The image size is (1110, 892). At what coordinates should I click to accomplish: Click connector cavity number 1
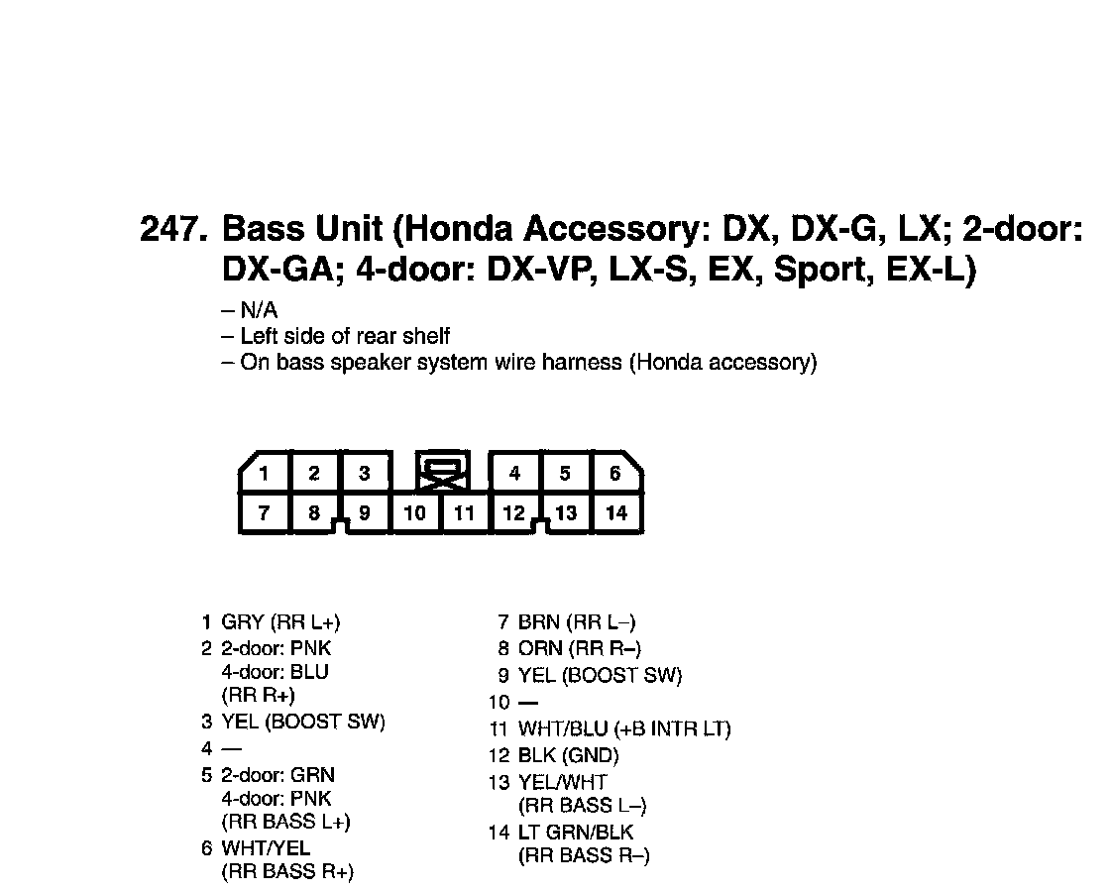pyautogui.click(x=265, y=473)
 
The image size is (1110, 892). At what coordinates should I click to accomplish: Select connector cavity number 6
pyautogui.click(x=615, y=473)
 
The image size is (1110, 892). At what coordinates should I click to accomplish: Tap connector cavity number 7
pyautogui.click(x=265, y=512)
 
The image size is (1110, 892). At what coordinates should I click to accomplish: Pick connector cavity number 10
pyautogui.click(x=415, y=512)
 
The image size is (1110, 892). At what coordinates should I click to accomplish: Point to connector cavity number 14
pyautogui.click(x=616, y=512)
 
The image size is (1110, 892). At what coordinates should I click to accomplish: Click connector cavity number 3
pyautogui.click(x=365, y=473)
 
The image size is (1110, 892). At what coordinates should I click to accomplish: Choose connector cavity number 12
pyautogui.click(x=513, y=512)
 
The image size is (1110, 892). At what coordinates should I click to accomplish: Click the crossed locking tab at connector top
pyautogui.click(x=443, y=474)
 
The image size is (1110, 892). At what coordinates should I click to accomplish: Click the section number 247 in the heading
pyautogui.click(x=173, y=229)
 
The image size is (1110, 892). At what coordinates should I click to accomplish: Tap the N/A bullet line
pyautogui.click(x=250, y=311)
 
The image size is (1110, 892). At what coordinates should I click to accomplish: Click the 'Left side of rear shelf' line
pyautogui.click(x=337, y=337)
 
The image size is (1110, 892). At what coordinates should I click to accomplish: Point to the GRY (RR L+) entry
pyautogui.click(x=280, y=622)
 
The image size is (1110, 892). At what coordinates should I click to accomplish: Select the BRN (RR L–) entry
pyautogui.click(x=577, y=622)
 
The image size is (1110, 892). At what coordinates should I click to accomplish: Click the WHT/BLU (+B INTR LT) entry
pyautogui.click(x=624, y=729)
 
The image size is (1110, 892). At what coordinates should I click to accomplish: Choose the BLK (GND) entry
pyautogui.click(x=568, y=755)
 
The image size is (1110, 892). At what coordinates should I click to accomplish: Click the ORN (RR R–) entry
pyautogui.click(x=580, y=649)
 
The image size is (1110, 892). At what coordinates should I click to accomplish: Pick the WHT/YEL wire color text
pyautogui.click(x=266, y=848)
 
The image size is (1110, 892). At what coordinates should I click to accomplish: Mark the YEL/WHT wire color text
pyautogui.click(x=563, y=782)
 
